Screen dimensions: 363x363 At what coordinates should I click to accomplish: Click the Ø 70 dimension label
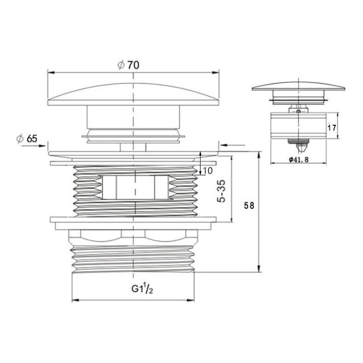(x=128, y=65)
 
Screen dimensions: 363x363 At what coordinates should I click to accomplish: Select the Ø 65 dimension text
(x=27, y=139)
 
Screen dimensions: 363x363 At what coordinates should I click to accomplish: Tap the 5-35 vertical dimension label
(x=221, y=191)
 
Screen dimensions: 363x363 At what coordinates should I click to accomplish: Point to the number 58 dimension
(x=249, y=205)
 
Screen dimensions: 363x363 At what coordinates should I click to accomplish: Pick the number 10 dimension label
(x=208, y=171)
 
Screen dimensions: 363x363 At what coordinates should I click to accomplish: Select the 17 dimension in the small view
(x=332, y=128)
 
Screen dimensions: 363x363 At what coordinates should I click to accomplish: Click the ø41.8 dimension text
(x=299, y=160)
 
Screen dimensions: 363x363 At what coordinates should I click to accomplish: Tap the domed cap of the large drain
(x=133, y=94)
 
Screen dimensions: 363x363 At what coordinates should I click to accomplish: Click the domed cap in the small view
(x=298, y=86)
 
